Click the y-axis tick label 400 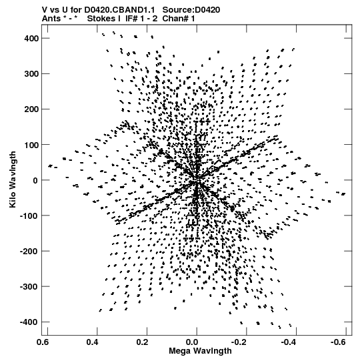(x=31, y=38)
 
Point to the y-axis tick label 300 (x=31, y=74)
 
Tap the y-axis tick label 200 (x=31, y=109)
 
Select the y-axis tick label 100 (x=31, y=145)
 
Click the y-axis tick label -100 (x=30, y=216)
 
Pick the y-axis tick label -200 (x=30, y=251)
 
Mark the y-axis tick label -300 (x=30, y=287)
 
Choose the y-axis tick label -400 (x=30, y=322)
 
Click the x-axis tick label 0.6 (x=43, y=342)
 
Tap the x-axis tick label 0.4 (x=93, y=342)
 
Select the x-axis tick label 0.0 (x=192, y=342)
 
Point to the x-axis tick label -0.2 (x=241, y=342)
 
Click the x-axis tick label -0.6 (x=340, y=342)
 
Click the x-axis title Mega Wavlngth (x=200, y=351)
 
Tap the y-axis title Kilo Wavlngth (x=13, y=179)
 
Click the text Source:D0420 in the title (x=191, y=10)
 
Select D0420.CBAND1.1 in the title (x=119, y=10)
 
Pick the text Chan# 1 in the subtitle (x=179, y=19)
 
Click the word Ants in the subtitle (x=51, y=19)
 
